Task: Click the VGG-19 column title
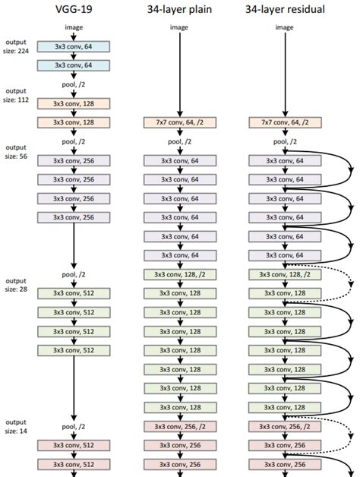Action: coord(73,8)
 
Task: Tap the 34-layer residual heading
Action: coord(284,8)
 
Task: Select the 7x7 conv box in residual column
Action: coord(284,122)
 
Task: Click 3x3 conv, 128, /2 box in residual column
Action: coord(284,274)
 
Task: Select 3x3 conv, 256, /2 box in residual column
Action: coord(284,426)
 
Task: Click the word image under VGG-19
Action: coord(73,27)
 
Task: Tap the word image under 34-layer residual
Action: coord(284,27)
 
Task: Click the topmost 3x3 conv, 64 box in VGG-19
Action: coord(73,46)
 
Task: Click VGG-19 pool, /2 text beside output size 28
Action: coord(73,274)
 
